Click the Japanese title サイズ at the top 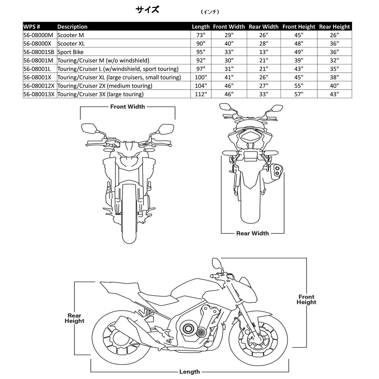pyautogui.click(x=147, y=10)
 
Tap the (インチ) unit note pyautogui.click(x=210, y=12)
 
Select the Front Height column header pyautogui.click(x=299, y=27)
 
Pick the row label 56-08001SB pyautogui.click(x=39, y=52)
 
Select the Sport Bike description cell pyautogui.click(x=70, y=52)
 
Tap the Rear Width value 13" pyautogui.click(x=264, y=52)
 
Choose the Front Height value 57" pyautogui.click(x=299, y=94)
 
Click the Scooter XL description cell pyautogui.click(x=71, y=43)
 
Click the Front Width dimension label pyautogui.click(x=127, y=107)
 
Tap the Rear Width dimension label pyautogui.click(x=252, y=233)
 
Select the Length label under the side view pyautogui.click(x=189, y=372)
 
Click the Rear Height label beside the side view pyautogui.click(x=74, y=318)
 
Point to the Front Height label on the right pyautogui.click(x=306, y=299)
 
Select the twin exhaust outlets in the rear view pyautogui.click(x=277, y=171)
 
